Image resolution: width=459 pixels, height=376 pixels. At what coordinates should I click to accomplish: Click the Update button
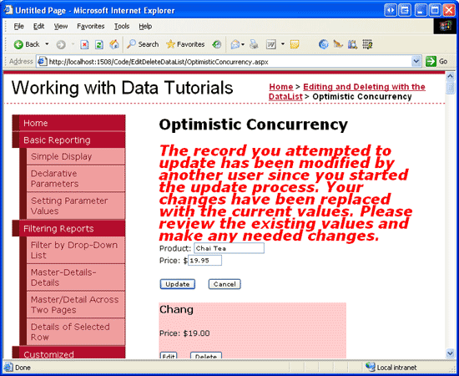[178, 284]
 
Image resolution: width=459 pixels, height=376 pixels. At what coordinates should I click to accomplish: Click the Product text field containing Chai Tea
[229, 248]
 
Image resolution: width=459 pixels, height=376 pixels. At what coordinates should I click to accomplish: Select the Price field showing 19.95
[204, 260]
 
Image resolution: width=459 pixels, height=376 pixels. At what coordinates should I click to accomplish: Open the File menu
[18, 27]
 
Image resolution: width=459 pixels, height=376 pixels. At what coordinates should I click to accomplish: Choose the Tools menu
[122, 27]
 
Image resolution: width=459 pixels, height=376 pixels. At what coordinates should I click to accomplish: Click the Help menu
[145, 27]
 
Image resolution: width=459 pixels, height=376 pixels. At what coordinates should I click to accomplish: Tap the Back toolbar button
[27, 44]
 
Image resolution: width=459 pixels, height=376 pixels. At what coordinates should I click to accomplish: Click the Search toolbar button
[143, 44]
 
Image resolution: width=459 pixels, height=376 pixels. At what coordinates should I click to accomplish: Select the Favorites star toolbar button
[185, 44]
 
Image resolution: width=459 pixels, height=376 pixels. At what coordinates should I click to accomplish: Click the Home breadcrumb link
[281, 87]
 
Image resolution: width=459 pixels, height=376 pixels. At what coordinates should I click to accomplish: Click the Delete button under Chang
[206, 355]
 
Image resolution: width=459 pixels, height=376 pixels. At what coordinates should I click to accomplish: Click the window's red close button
[449, 11]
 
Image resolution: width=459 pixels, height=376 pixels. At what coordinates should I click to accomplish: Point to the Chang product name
[177, 309]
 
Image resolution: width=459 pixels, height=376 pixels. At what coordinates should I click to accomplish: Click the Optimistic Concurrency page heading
[254, 124]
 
